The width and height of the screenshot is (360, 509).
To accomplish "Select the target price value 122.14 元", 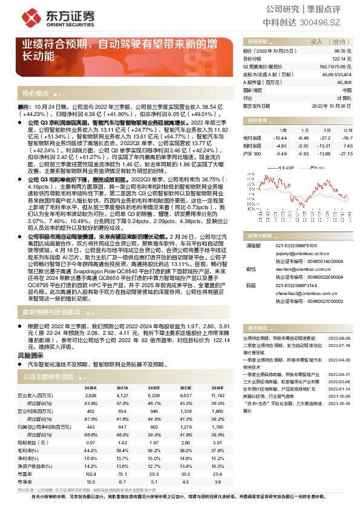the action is point(342,59).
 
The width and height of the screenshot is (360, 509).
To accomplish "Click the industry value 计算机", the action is point(344,97).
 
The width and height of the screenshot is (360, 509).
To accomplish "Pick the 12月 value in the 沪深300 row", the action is point(345,154).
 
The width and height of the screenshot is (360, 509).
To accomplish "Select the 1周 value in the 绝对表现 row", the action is point(280,137).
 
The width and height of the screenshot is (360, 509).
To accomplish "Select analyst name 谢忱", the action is point(250,268).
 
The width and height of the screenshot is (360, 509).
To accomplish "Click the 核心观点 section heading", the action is point(35,94).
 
